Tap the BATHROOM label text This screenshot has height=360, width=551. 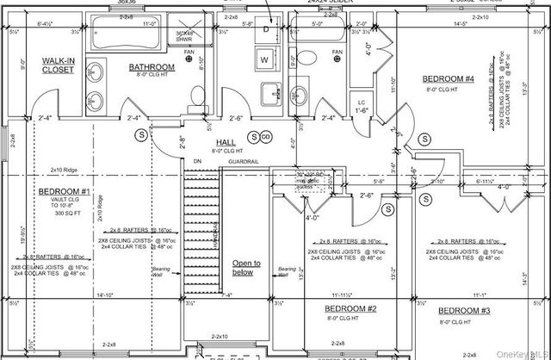click(152, 66)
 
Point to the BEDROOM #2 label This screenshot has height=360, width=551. click(350, 308)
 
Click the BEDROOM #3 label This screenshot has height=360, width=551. click(464, 310)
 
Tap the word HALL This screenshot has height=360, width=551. click(226, 142)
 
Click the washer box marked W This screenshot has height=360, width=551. click(264, 59)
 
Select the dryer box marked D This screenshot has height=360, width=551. click(266, 29)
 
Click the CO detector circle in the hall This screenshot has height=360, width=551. click(266, 137)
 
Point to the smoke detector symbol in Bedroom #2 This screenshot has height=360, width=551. click(388, 208)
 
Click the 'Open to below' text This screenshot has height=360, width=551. click(244, 269)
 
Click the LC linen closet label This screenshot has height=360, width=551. click(362, 102)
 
